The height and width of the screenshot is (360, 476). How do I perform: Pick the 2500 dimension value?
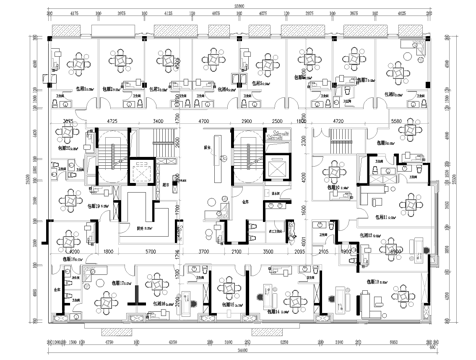(276, 121)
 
